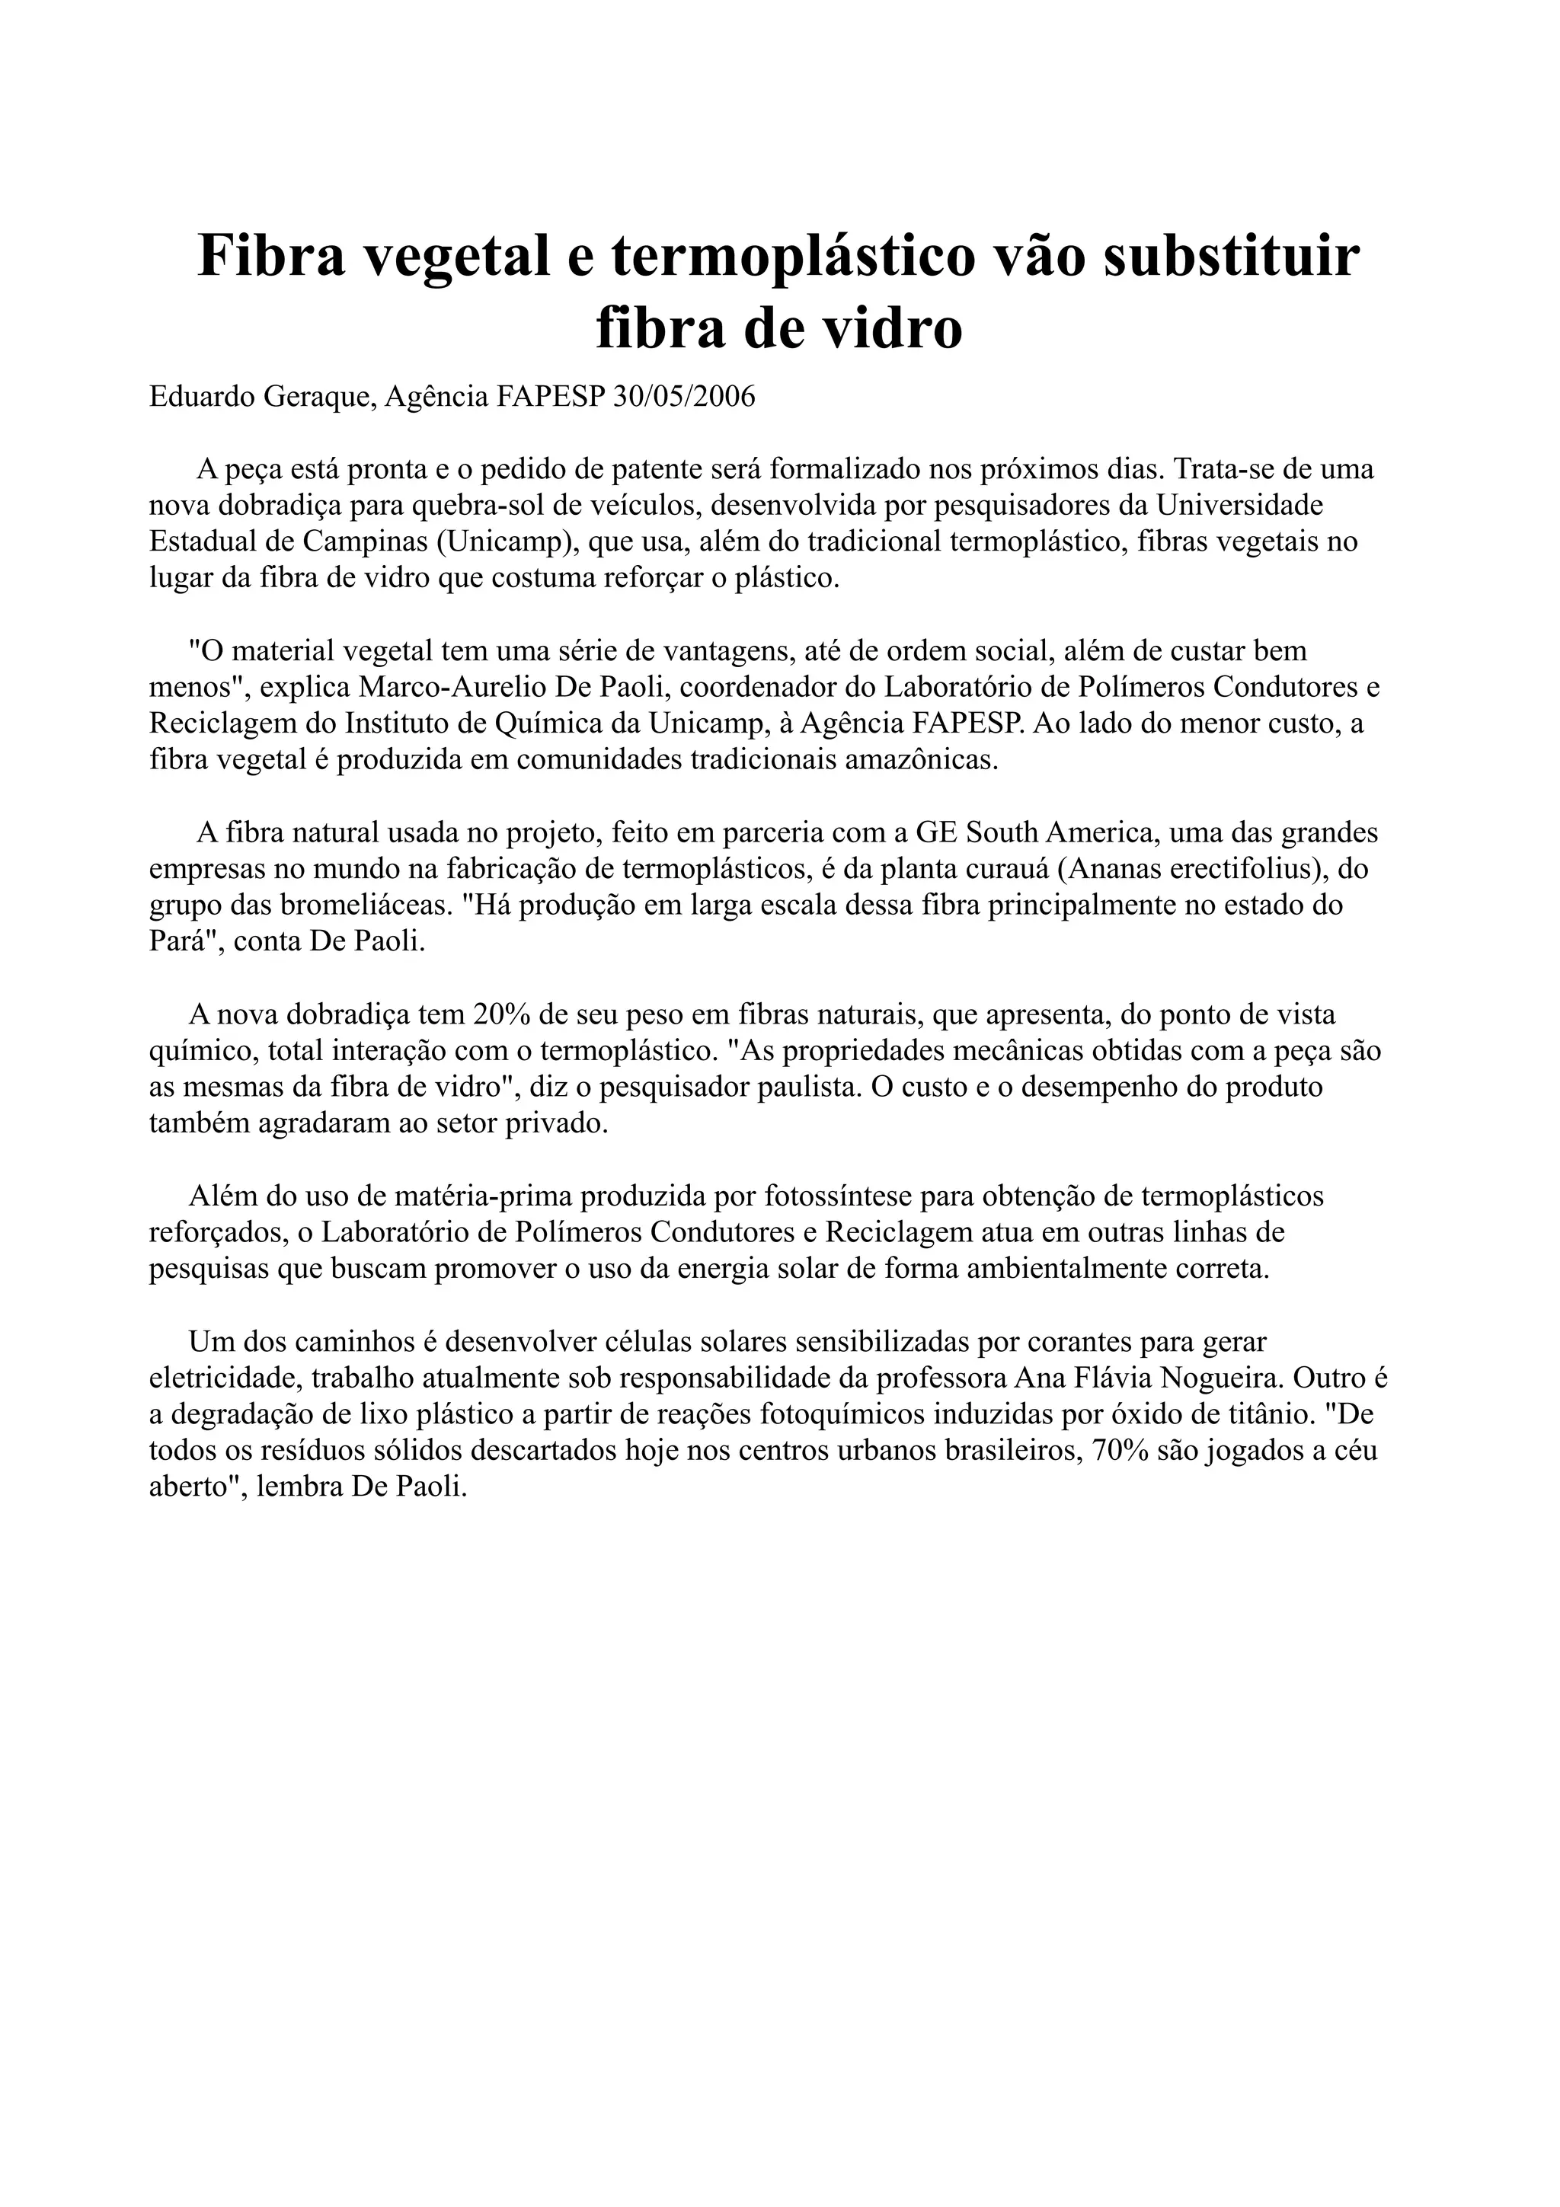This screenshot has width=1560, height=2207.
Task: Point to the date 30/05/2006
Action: click(684, 396)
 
